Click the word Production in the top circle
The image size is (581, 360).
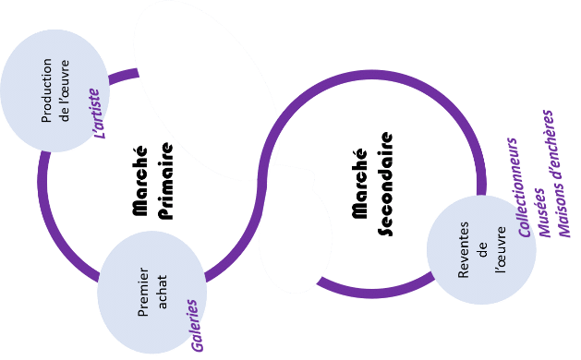pyautogui.click(x=46, y=90)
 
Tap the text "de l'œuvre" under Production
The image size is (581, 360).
pyautogui.click(x=65, y=90)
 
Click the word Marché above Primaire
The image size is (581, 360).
pyautogui.click(x=139, y=181)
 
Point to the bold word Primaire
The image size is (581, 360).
pyautogui.click(x=165, y=181)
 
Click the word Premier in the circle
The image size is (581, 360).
pyautogui.click(x=143, y=293)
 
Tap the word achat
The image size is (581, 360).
pyautogui.click(x=162, y=292)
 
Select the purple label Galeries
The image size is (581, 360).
pyautogui.click(x=195, y=326)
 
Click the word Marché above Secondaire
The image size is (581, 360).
pyautogui.click(x=359, y=184)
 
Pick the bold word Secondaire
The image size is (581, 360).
pyautogui.click(x=385, y=184)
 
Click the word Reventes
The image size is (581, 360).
pyautogui.click(x=463, y=250)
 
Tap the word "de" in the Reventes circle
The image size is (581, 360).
pyautogui.click(x=482, y=250)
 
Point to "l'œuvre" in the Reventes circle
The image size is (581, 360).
pyautogui.click(x=500, y=250)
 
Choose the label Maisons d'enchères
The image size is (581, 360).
pyautogui.click(x=560, y=174)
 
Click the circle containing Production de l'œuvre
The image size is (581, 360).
pyautogui.click(x=54, y=90)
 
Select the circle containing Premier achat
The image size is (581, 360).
pyautogui.click(x=151, y=293)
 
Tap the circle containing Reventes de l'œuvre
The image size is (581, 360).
pyautogui.click(x=481, y=250)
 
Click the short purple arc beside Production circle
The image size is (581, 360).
pyautogui.click(x=124, y=75)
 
